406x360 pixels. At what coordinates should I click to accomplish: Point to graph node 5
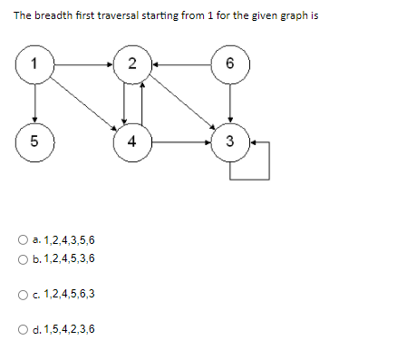pyautogui.click(x=34, y=141)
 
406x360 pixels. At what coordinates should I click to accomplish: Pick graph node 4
pyautogui.click(x=132, y=141)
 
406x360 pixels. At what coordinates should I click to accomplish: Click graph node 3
pyautogui.click(x=230, y=141)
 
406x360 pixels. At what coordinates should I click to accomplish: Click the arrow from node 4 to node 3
pyautogui.click(x=181, y=141)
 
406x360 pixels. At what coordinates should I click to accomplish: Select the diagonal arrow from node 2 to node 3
pyautogui.click(x=181, y=103)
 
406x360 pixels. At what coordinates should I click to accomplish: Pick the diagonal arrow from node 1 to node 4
pyautogui.click(x=83, y=103)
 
